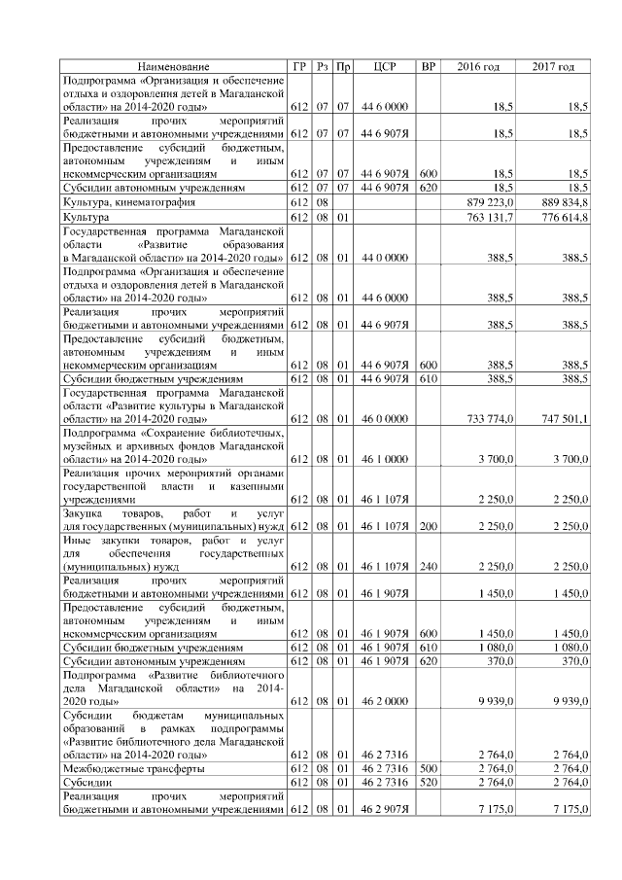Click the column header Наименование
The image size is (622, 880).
point(173,66)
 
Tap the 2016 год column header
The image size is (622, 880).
point(478,66)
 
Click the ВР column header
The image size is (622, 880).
point(428,66)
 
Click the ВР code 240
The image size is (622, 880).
point(428,564)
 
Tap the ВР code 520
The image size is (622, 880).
point(428,782)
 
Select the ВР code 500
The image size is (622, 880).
point(428,768)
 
